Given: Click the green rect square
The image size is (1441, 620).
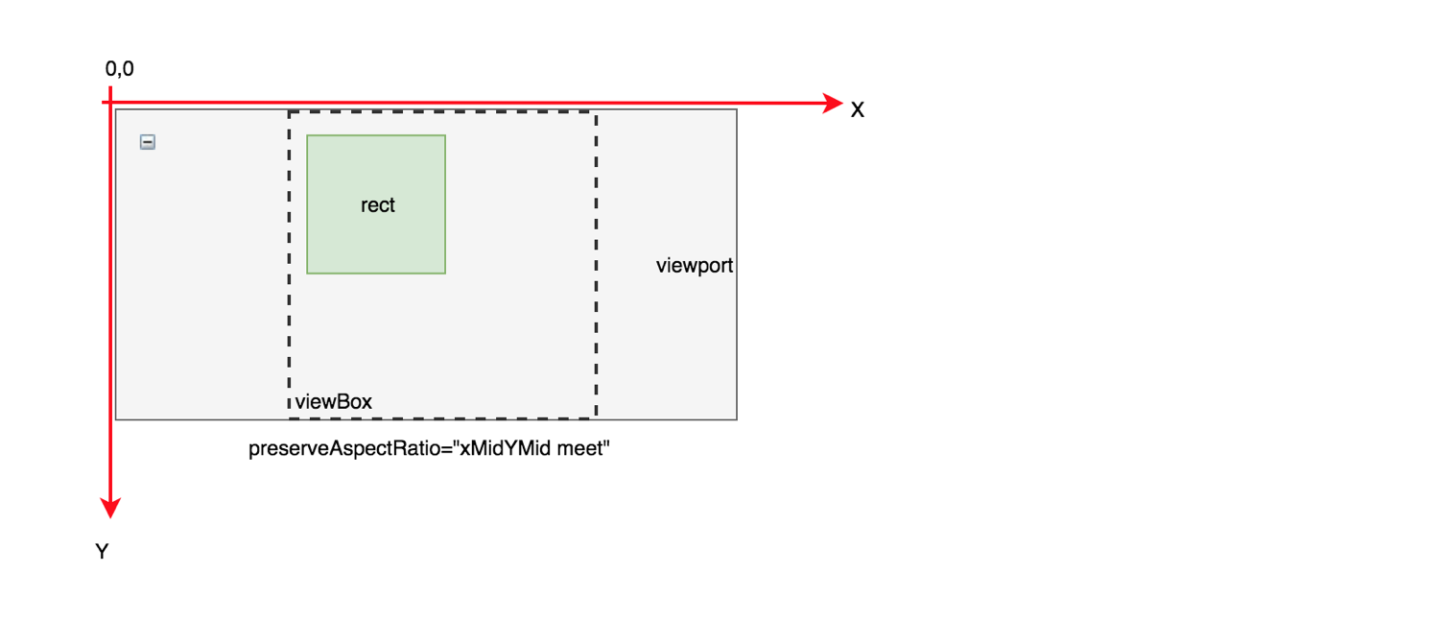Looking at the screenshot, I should point(376,240).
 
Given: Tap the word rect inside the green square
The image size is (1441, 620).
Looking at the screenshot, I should point(378,205).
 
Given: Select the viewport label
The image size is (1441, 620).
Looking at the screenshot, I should point(695,266).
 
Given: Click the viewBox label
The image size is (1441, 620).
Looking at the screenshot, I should point(333,402).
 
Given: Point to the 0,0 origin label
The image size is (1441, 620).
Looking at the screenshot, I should point(120,69).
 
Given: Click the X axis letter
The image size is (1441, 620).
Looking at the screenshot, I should point(858,110).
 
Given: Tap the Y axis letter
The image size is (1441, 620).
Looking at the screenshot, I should point(101,552).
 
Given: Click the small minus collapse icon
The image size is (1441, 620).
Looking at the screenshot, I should point(148,142).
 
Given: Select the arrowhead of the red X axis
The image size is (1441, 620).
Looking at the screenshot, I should point(833,103).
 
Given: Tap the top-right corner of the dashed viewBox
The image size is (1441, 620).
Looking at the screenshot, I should point(596,112).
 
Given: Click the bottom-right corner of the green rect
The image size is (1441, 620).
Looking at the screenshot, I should point(445,274).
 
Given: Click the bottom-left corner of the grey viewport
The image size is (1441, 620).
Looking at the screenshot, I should point(116,419).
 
